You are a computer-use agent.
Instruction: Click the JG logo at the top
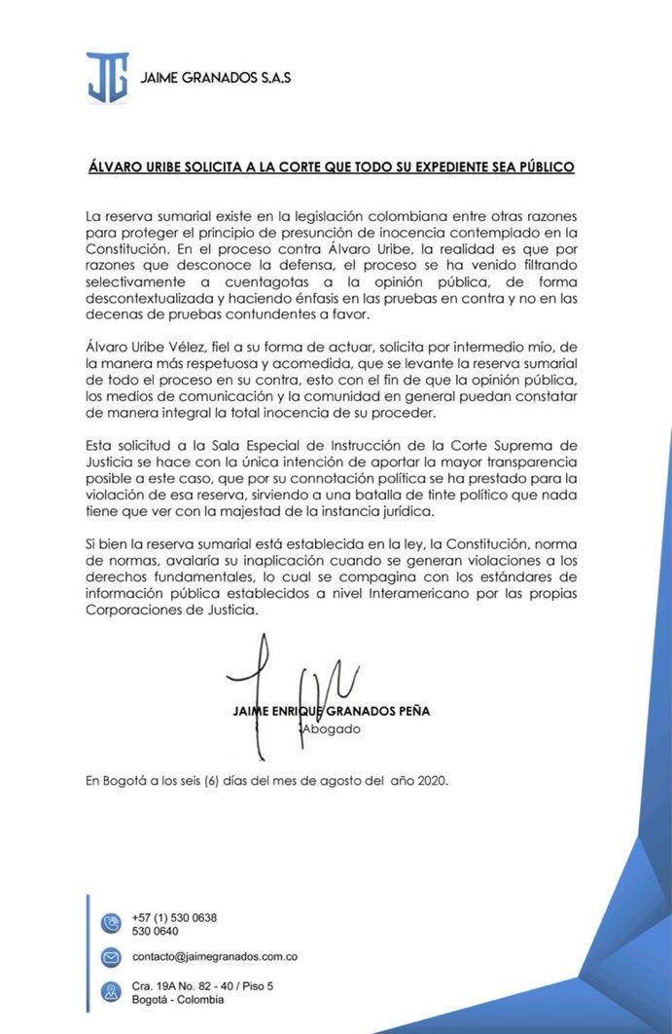(107, 77)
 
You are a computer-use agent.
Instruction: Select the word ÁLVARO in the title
(111, 167)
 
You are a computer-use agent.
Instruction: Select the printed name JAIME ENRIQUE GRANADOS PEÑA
(332, 711)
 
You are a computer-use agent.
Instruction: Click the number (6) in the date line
(210, 780)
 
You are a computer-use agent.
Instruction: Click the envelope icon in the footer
(111, 958)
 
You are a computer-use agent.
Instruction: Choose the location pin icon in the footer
(111, 992)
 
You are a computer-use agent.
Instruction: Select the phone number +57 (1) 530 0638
(174, 917)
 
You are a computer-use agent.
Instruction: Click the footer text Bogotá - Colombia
(178, 1000)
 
